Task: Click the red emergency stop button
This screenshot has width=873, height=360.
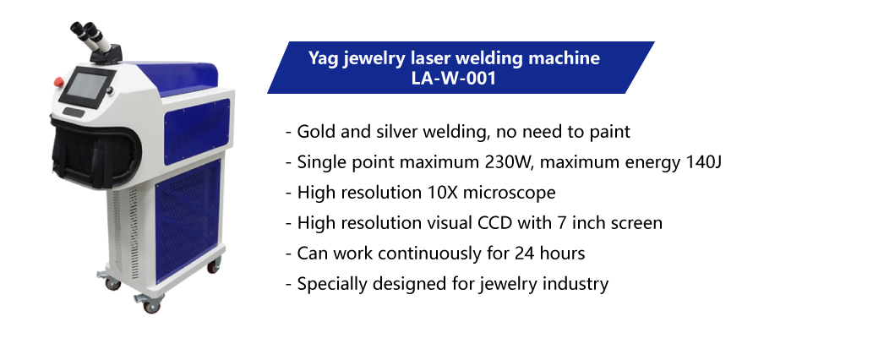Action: coord(59,82)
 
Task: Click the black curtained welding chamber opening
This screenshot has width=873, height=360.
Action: coord(94,152)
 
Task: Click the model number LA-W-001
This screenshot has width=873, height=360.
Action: coord(453,78)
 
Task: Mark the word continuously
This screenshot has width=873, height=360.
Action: coord(428,254)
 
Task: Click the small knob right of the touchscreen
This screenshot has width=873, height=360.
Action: coord(111,90)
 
